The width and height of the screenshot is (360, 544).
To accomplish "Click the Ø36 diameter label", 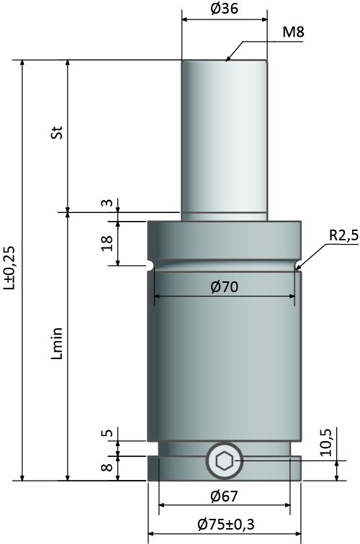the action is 224,9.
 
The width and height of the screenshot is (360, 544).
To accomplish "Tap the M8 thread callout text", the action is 293,32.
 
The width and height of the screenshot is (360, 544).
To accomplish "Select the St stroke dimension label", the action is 57,132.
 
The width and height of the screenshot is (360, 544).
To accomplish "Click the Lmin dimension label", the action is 57,343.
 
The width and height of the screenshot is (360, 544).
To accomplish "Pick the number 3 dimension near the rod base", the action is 108,203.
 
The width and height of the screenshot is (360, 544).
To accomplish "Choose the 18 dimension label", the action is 107,243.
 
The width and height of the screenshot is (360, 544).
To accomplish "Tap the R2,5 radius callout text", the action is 343,235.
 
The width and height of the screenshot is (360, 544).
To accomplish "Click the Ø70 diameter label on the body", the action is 224,287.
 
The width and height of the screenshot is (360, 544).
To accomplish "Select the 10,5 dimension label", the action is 326,443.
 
